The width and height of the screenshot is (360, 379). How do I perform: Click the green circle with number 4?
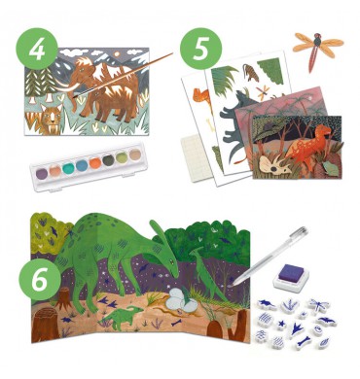coord(37,49)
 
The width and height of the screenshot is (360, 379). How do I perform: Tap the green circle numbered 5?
coord(200,49)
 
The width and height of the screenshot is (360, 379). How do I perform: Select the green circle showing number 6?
coord(40,279)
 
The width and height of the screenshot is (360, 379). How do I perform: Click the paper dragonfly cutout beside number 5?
coord(317,48)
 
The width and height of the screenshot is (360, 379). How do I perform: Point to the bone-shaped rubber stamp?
coord(305,341)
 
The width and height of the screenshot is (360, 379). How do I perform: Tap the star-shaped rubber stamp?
coord(282,324)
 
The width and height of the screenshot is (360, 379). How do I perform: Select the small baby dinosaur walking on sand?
coord(123,315)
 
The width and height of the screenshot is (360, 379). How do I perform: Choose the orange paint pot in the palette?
coord(94,161)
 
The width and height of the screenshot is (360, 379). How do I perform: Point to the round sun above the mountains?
coord(117,54)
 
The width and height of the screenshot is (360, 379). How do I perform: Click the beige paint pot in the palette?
coord(134,154)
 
